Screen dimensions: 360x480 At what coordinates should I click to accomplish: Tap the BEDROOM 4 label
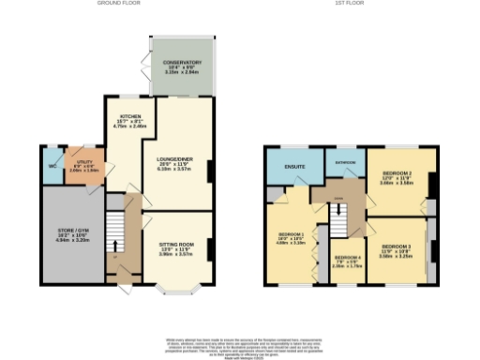pos(347,258)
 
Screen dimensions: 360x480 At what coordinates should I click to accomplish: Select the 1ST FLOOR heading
pos(351,4)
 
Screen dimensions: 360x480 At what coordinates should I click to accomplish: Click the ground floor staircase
pos(113,230)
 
